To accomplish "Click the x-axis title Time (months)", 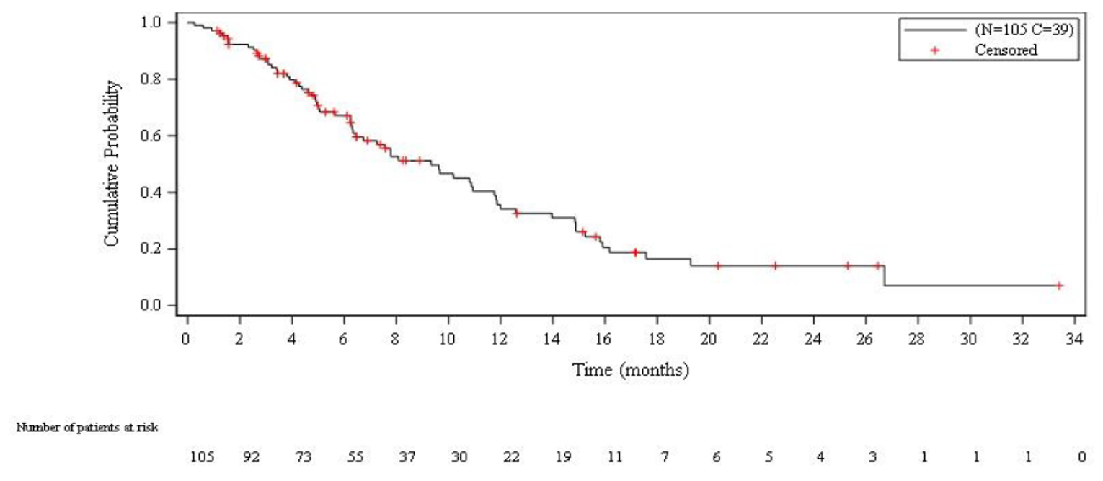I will [631, 371].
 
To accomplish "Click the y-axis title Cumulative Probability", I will [112, 164].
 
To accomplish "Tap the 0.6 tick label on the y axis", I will [154, 136].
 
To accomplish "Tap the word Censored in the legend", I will [1006, 50].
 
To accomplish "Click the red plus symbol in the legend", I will [934, 50].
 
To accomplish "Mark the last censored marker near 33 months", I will [1059, 286].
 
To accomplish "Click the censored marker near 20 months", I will [718, 265].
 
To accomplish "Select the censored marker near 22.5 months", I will [775, 265].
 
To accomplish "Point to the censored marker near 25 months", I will [848, 265].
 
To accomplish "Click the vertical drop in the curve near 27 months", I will [885, 275].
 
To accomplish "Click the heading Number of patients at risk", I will [87, 427].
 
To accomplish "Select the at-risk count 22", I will [511, 456].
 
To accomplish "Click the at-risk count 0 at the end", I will [1081, 456].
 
